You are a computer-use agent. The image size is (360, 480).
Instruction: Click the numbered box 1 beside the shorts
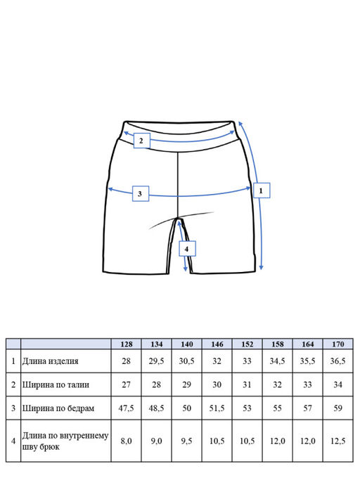[x=262, y=190]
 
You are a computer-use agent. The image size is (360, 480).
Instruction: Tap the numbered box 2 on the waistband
[x=141, y=141]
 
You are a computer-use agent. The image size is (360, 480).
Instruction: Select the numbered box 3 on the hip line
[x=141, y=193]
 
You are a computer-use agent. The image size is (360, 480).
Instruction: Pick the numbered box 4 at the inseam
[x=187, y=249]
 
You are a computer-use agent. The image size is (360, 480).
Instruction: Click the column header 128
[x=127, y=344]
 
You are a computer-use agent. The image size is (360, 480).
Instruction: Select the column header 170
[x=338, y=344]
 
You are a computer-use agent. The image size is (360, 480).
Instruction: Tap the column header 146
[x=217, y=344]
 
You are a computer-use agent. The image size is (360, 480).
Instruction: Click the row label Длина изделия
[x=50, y=361]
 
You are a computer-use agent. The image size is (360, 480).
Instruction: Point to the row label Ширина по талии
[x=56, y=384]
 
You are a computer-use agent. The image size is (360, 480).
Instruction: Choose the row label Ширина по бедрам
[x=58, y=408]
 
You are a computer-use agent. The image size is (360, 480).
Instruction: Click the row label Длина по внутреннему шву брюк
[x=65, y=441]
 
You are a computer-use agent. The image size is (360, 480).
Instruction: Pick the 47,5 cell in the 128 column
[x=127, y=408]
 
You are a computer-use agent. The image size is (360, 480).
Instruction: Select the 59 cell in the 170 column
[x=338, y=408]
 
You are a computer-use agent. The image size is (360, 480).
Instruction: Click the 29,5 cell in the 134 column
[x=156, y=361]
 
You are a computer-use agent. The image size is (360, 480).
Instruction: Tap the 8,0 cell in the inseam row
[x=127, y=441]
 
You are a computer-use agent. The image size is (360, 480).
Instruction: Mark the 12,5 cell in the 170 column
[x=338, y=441]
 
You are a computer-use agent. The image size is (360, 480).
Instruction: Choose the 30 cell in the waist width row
[x=217, y=384]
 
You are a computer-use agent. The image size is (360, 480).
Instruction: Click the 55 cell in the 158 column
[x=277, y=408]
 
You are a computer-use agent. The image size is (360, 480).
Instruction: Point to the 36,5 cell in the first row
[x=338, y=361]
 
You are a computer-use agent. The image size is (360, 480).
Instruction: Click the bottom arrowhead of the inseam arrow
[x=186, y=269]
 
